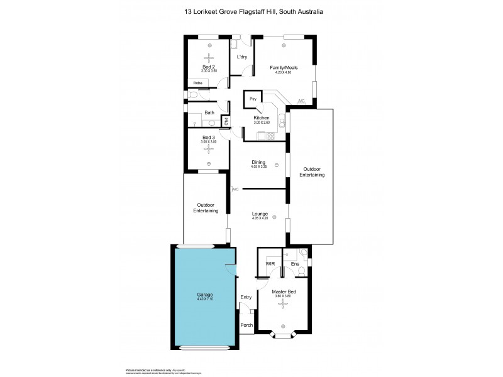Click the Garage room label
(x=205, y=295)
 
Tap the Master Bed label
(x=284, y=292)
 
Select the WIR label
(x=270, y=264)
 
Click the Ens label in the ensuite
(x=294, y=264)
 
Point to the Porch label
(x=246, y=325)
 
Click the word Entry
(x=246, y=297)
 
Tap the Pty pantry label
(x=253, y=99)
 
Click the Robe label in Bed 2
(x=197, y=82)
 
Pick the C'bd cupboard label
(x=225, y=121)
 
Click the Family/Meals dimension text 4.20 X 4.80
(x=284, y=72)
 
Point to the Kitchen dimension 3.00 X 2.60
(x=261, y=122)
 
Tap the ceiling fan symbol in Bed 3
(x=209, y=150)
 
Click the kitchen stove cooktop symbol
(x=270, y=136)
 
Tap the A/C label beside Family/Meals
(x=301, y=101)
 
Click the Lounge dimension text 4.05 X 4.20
(x=260, y=218)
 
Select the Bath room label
(x=209, y=112)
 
